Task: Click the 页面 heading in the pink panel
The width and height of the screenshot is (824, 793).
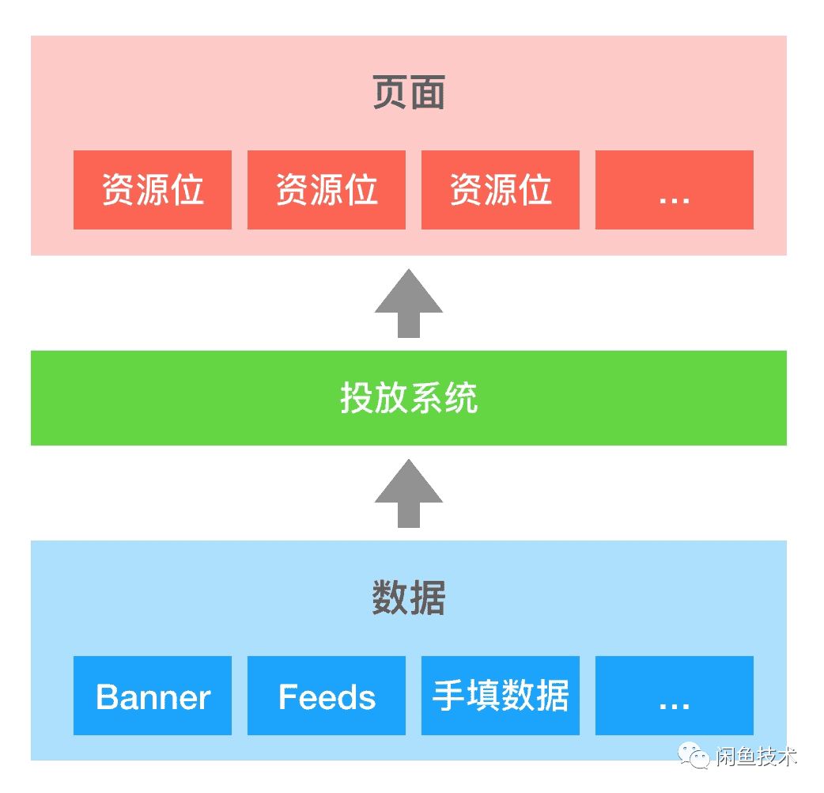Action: (x=409, y=94)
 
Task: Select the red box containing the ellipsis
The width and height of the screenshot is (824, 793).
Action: (x=674, y=190)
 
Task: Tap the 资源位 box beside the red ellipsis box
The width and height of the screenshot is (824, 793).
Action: (x=500, y=190)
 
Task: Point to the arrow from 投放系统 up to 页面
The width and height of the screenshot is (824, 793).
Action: (x=409, y=304)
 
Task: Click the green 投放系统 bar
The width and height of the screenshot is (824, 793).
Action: (x=409, y=398)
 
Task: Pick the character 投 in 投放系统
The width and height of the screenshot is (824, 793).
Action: (x=357, y=398)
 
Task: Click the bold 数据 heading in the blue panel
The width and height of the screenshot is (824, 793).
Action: (x=409, y=598)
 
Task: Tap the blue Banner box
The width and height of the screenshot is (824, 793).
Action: (x=153, y=696)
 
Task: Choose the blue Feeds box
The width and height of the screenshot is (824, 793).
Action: (x=327, y=696)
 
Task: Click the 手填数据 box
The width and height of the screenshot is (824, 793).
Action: (x=500, y=696)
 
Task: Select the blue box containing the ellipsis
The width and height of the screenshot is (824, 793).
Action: (x=674, y=696)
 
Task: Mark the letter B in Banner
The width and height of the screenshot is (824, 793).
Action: (x=106, y=697)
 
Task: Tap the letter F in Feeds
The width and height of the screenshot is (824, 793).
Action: (x=288, y=697)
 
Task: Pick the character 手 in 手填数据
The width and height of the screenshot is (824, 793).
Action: (x=448, y=696)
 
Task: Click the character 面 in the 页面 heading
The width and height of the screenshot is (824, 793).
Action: (x=428, y=94)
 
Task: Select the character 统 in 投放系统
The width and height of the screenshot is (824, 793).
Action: (x=461, y=398)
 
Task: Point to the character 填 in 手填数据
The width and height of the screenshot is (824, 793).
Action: (x=482, y=696)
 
